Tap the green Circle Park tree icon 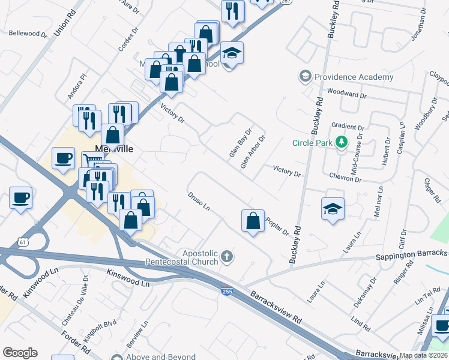(342, 142)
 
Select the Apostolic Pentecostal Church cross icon (227, 257)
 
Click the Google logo (20, 353)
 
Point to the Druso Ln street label (198, 202)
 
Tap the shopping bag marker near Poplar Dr (253, 221)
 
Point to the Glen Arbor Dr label (253, 152)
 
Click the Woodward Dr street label (347, 95)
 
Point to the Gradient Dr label (348, 128)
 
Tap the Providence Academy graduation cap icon (306, 77)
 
